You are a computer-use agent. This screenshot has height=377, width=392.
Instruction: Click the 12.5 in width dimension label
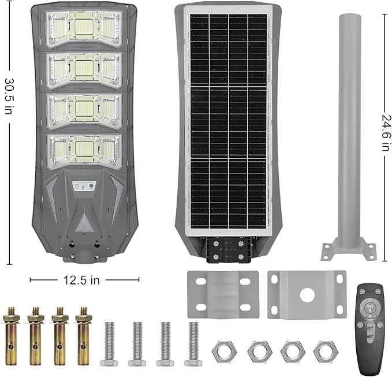click(85, 280)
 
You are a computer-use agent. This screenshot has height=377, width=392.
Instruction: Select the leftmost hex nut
click(222, 350)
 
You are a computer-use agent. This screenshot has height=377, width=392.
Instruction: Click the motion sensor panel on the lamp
click(84, 186)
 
